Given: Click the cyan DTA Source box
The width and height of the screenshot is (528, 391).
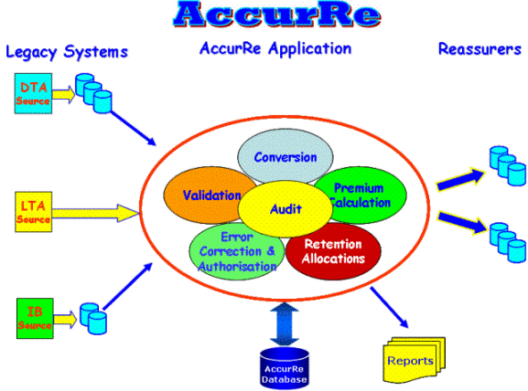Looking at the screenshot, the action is (33, 93).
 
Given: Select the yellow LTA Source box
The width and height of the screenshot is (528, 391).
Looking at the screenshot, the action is (33, 211).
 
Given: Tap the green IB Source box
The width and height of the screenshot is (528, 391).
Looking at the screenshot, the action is (35, 318).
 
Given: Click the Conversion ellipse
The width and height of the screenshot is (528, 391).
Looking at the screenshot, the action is (286, 155).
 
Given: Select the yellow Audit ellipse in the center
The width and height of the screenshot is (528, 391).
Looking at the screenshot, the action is (286, 209).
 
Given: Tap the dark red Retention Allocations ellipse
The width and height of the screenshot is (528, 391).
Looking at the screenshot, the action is (333, 251).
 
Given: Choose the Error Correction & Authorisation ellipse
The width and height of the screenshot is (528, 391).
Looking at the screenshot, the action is (237, 252).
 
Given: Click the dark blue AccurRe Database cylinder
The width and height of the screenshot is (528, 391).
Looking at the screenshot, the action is (285, 368).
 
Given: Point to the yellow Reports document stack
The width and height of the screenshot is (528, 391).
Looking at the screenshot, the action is (414, 360).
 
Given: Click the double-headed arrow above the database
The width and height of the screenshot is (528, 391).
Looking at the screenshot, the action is (285, 323).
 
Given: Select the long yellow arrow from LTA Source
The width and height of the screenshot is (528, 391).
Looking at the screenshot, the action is (96, 213).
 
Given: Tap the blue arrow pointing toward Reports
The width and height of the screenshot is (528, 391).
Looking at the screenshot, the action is (389, 307).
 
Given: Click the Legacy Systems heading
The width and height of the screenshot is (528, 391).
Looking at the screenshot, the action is (67, 52).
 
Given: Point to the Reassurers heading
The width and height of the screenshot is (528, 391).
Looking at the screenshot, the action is (480, 49).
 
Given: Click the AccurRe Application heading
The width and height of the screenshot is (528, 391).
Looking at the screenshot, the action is (275, 49).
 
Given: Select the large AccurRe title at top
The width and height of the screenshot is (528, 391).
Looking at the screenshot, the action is (276, 14).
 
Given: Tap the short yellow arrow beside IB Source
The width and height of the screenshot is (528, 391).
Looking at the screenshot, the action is (65, 320).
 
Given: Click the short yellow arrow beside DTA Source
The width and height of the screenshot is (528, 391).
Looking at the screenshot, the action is (63, 94).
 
